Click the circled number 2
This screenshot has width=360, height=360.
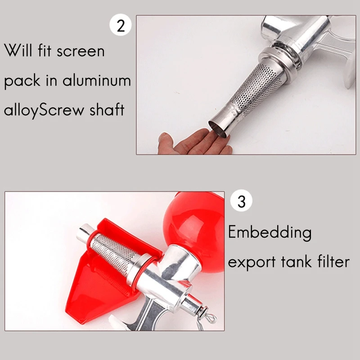121,25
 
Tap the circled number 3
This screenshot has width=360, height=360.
241,201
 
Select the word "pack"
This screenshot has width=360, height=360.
22,82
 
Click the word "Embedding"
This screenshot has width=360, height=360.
269,233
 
